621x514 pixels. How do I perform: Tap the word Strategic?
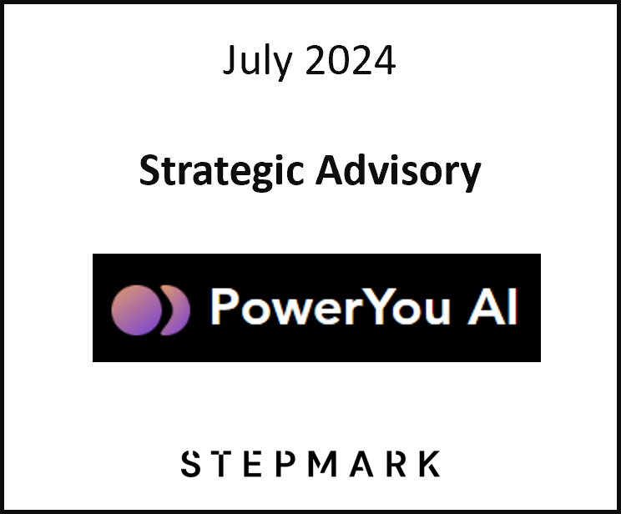coord(221,172)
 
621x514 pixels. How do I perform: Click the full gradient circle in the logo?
coord(135,310)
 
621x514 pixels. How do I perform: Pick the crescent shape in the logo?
coord(178,310)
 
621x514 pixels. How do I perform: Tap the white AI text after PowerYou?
coord(492,308)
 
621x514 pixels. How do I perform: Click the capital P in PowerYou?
coord(225,308)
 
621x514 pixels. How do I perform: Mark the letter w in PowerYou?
coord(287,312)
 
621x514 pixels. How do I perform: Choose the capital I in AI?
coord(512,308)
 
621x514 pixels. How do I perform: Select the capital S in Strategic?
coord(149,172)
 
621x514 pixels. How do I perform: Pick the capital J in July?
coord(230,63)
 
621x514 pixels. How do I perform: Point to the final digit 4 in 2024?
coord(385,62)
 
